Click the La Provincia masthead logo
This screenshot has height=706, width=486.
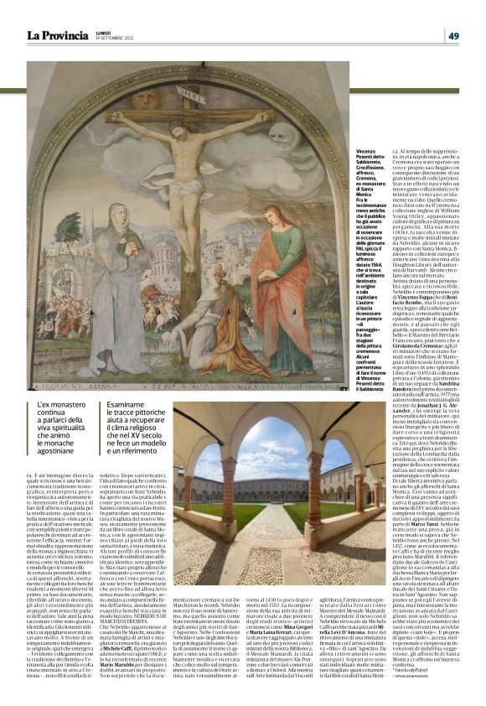[56, 35]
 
